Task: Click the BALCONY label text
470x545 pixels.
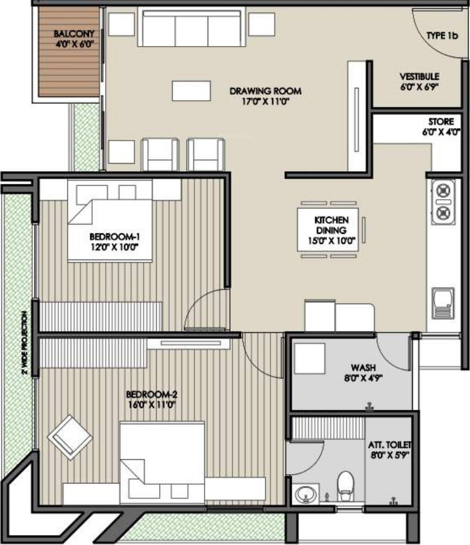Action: [74, 34]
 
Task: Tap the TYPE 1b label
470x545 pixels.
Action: [442, 35]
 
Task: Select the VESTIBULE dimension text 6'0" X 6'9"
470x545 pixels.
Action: [419, 87]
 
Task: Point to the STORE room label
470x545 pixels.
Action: [441, 122]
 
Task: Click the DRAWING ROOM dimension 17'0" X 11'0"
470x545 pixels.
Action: [265, 101]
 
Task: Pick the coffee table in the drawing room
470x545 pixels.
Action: [191, 91]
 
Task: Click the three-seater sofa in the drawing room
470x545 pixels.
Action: [190, 26]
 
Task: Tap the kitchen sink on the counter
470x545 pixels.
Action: [443, 304]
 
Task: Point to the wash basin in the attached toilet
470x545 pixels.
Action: [306, 493]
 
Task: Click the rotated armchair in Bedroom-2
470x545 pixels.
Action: [70, 437]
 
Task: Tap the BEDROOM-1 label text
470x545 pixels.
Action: [114, 237]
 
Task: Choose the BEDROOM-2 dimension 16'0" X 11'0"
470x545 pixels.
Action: [152, 404]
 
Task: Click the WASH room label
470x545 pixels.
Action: [363, 368]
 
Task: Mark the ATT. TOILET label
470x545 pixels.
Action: [390, 445]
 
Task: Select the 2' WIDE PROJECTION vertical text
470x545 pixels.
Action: [24, 342]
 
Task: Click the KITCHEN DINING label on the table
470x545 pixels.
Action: [331, 225]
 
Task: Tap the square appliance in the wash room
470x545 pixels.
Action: [310, 359]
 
